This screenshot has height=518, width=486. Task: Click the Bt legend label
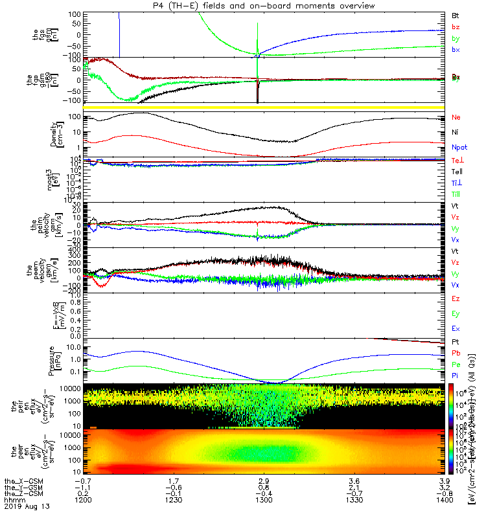[x=456, y=14]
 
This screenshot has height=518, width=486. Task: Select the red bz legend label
[x=456, y=27]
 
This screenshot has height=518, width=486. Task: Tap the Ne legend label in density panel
[x=456, y=117]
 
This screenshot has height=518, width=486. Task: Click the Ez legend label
[x=456, y=298]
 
